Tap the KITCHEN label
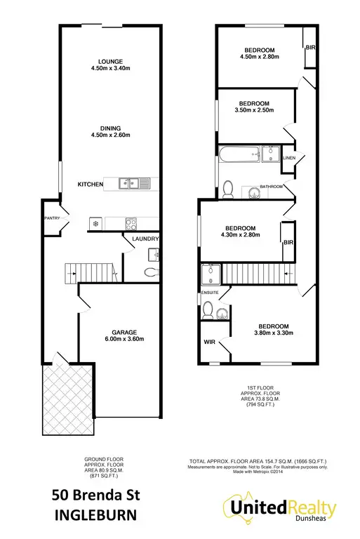91,185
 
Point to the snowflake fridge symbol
96,224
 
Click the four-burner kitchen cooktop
131,224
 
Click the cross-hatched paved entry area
69,401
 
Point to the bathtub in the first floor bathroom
239,154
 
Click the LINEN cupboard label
289,159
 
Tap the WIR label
209,343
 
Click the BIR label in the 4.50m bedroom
309,47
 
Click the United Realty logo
280,510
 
